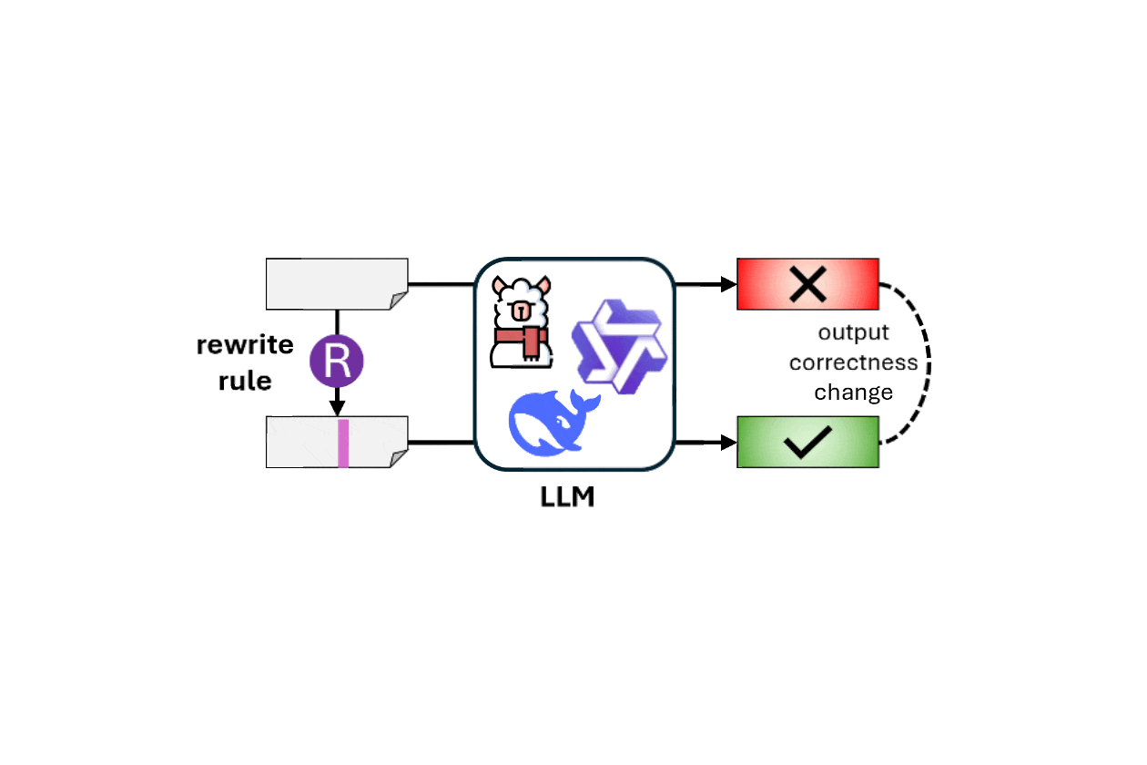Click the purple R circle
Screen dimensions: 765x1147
(x=337, y=361)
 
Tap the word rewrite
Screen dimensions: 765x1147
(x=245, y=346)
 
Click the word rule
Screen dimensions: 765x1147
(x=245, y=381)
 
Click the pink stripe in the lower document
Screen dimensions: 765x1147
(x=343, y=443)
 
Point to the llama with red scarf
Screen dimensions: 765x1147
(x=520, y=321)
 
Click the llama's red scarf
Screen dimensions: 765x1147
(x=523, y=341)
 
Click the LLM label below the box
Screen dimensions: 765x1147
(x=568, y=497)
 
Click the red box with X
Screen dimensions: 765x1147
(x=807, y=284)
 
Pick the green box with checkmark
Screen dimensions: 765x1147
(x=807, y=443)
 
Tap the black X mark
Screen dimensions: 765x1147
(x=807, y=284)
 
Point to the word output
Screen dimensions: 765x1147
(x=853, y=332)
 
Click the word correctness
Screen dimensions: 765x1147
(x=853, y=362)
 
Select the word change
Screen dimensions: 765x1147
(x=853, y=393)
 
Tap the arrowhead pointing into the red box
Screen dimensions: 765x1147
(x=728, y=284)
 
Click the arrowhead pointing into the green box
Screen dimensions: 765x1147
(x=728, y=443)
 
